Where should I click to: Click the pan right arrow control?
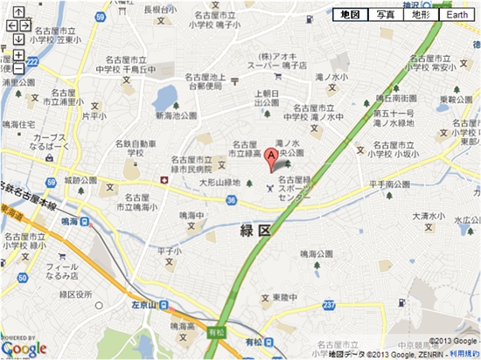coord(26,25)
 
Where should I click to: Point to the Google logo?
coord(24,349)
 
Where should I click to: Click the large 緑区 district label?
coord(255,230)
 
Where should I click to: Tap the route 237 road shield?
coord(328,304)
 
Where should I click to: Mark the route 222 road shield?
coord(32,62)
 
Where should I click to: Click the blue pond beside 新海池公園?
coord(164,97)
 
